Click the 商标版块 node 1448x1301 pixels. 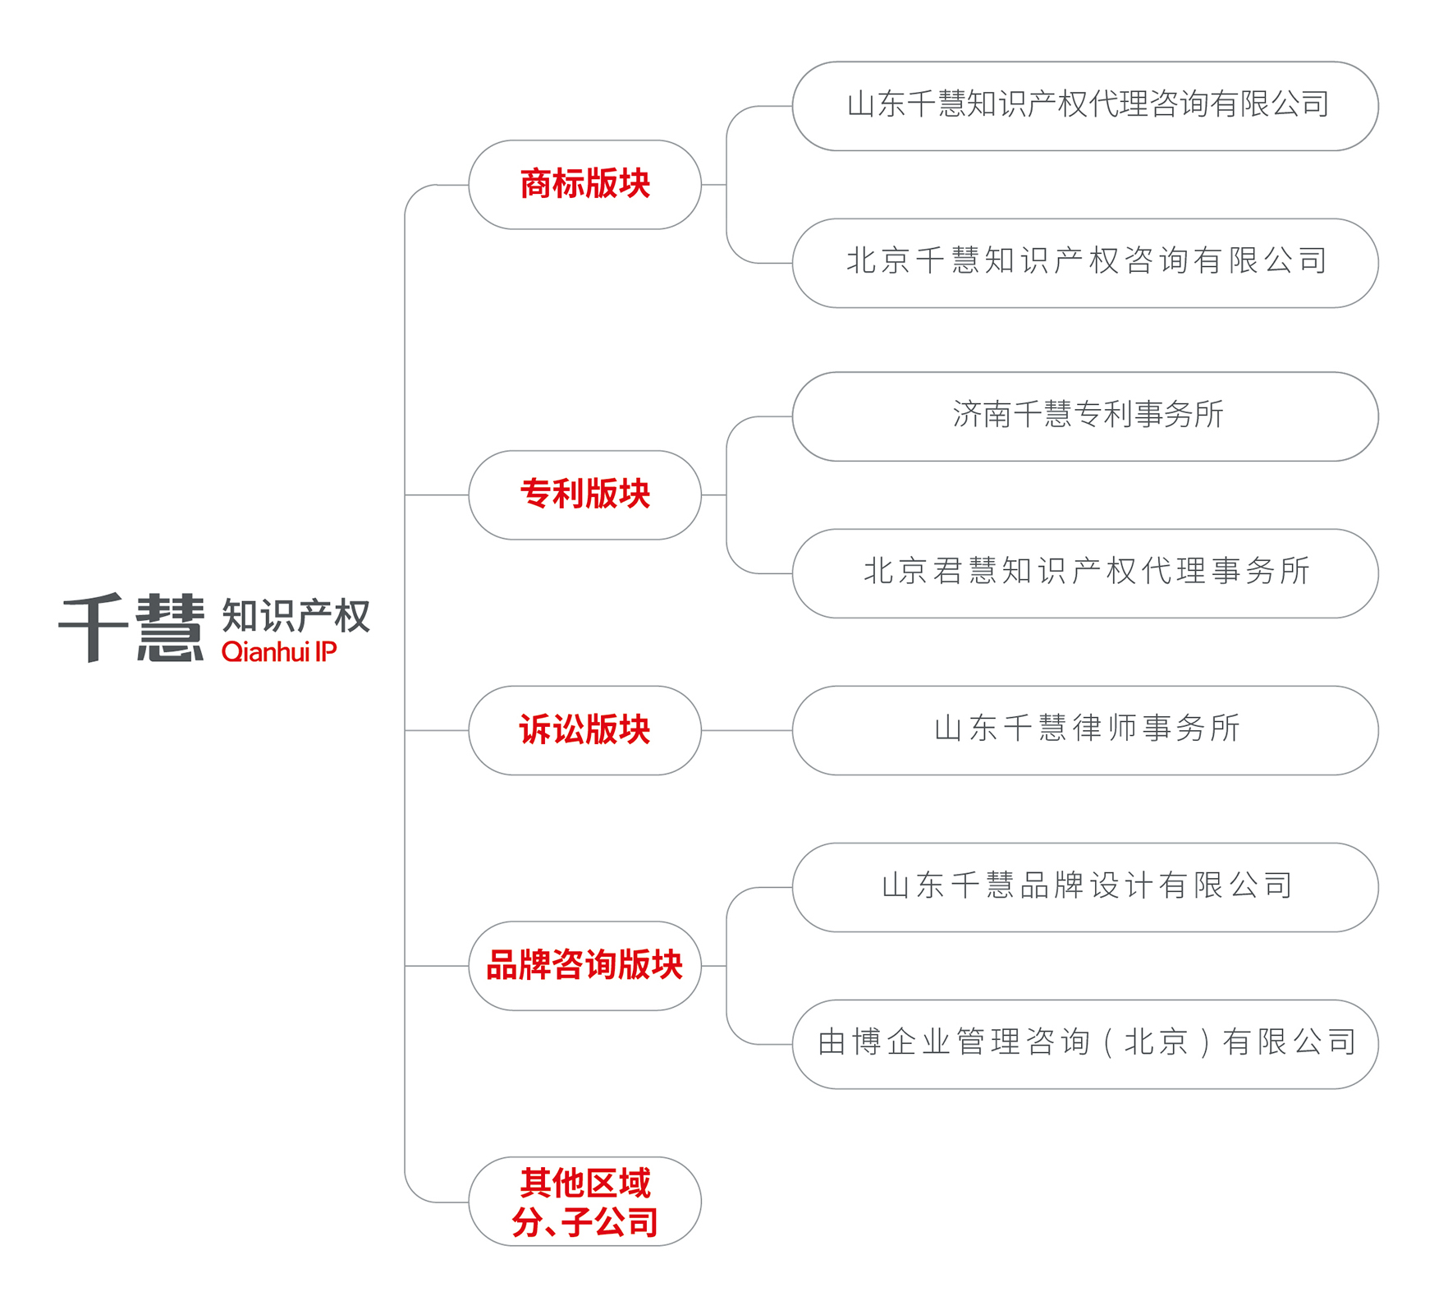584,185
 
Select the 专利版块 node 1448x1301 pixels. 584,495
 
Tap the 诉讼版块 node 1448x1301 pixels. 584,730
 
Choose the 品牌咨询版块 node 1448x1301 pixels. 584,966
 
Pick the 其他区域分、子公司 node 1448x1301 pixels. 584,1202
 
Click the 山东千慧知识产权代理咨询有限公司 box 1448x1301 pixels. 1085,106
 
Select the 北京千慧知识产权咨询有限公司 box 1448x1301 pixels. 1085,263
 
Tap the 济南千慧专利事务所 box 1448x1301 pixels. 1085,416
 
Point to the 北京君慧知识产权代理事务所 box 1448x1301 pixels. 1085,573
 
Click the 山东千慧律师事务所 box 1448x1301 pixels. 1085,730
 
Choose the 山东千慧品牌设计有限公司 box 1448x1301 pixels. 1085,887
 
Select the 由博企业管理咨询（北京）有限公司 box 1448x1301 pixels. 1085,1044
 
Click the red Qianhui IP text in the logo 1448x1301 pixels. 279,652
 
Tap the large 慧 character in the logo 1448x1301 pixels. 170,628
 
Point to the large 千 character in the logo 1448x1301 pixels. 94,628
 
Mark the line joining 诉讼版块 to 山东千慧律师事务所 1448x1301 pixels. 746,730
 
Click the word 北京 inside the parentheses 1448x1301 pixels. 1156,1043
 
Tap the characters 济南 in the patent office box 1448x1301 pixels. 982,415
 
